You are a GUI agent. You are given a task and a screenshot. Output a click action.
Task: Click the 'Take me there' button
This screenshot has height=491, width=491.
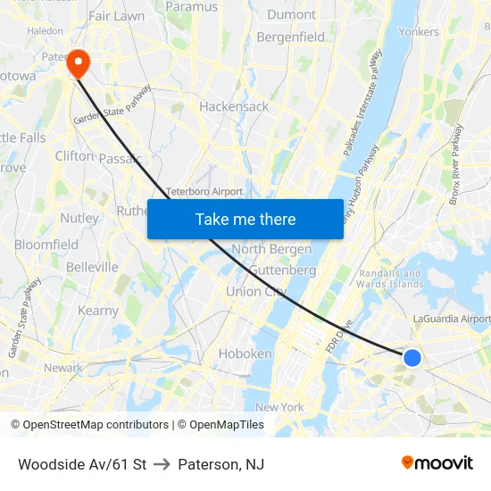tap(245, 220)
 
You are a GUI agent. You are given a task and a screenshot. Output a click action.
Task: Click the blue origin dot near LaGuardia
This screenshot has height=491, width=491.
tap(412, 357)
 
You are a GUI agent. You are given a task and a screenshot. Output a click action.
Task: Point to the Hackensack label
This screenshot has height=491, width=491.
tap(234, 106)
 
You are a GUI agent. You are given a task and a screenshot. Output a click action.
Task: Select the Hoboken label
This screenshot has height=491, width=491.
tap(245, 354)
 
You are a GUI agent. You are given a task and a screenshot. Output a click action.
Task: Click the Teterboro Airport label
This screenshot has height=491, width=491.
tap(204, 192)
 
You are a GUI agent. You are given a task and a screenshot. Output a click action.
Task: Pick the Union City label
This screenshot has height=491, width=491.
tap(256, 292)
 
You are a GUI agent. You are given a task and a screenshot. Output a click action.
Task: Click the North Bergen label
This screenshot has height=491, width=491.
tap(271, 249)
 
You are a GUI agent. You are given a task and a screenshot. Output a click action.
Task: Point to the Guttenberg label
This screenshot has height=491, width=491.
tap(282, 270)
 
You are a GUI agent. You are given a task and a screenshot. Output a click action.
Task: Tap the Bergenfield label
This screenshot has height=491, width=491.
tap(291, 37)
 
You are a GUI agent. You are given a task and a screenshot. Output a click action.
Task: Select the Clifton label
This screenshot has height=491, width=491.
tap(74, 155)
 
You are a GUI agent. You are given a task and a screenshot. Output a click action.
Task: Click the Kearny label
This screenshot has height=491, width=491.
tap(98, 311)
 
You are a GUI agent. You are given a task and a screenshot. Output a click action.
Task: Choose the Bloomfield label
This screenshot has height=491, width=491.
tap(46, 245)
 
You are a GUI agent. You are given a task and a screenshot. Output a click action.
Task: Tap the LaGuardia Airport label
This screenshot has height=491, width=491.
tap(452, 319)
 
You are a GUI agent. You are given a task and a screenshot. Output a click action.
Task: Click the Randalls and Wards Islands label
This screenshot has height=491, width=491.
tap(390, 279)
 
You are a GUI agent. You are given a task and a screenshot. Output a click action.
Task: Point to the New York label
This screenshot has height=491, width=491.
tap(279, 407)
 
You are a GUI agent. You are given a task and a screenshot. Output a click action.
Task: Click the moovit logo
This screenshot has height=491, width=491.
tap(437, 463)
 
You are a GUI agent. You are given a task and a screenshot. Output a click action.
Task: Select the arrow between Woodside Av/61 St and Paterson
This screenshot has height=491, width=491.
tap(162, 464)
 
